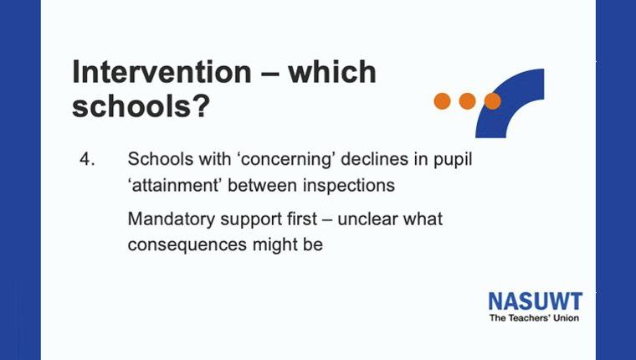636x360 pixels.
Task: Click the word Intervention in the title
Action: coord(162,72)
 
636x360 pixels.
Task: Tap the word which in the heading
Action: coord(332,72)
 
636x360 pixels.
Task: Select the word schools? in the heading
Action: coord(141,106)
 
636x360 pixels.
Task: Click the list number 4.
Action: coord(87,159)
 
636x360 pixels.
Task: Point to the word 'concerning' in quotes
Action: coord(288,159)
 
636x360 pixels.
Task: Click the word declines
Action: coord(375,159)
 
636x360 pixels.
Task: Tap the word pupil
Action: coord(453,160)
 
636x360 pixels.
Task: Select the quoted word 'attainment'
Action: coord(175,186)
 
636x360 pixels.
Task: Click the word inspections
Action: coord(349,186)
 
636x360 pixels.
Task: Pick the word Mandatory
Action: coord(171,219)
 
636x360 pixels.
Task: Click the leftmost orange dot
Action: coord(442,101)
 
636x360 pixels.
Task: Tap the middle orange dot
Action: coord(467,101)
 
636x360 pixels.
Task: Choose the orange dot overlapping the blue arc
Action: coord(492,101)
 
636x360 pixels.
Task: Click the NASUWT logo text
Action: coord(536,301)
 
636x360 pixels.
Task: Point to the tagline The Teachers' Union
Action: coord(534,318)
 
